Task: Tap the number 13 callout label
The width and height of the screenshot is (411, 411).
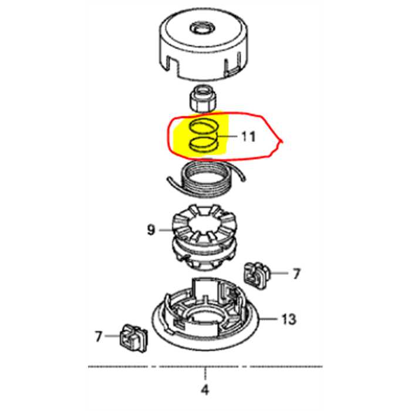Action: tap(288, 319)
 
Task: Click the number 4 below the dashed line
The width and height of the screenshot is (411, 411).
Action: tap(205, 390)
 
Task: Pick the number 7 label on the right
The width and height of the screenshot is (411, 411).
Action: tap(296, 274)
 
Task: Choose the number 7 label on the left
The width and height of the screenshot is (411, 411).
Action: tap(99, 336)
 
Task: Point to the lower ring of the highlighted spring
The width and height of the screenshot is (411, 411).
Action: tap(204, 144)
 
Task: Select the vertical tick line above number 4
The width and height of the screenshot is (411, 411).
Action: tap(205, 374)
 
